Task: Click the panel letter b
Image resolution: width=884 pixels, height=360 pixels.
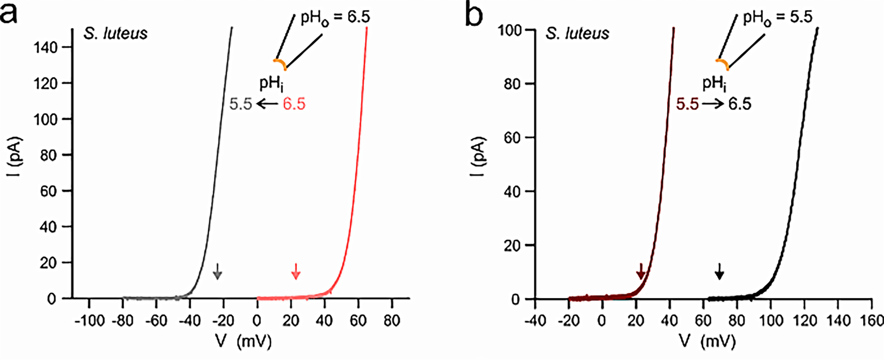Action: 474,16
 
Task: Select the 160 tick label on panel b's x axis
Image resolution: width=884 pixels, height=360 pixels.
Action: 873,321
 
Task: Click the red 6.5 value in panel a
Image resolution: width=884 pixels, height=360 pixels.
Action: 294,104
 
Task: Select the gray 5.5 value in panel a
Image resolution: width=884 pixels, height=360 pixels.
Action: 241,104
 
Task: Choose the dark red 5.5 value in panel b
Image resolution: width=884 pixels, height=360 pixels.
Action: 687,104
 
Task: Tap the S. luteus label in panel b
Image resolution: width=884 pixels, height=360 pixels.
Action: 577,34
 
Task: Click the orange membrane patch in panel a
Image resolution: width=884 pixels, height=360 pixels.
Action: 280,64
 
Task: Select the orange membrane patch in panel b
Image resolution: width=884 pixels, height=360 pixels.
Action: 723,64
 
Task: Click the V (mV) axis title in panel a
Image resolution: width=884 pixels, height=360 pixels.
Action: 243,341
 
